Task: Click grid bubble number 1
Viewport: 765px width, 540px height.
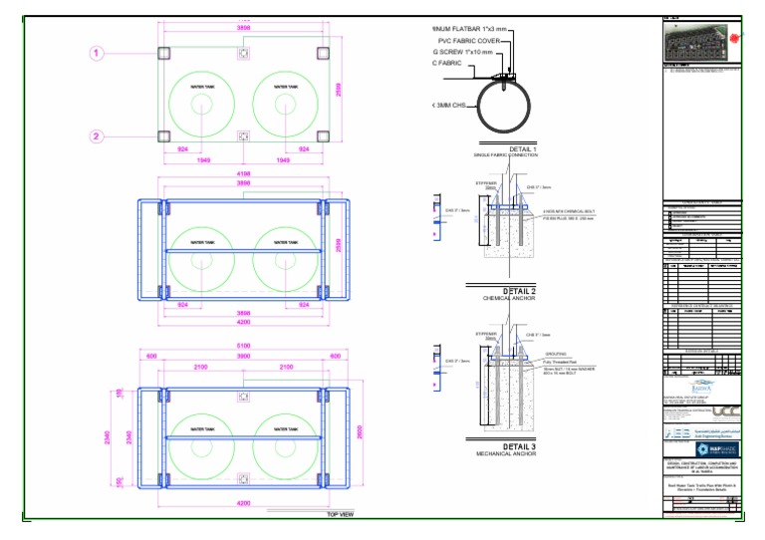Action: (98, 53)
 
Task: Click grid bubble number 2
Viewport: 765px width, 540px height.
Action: (98, 136)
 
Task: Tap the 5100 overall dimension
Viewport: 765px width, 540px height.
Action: (243, 346)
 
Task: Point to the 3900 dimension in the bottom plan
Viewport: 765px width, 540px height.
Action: (243, 357)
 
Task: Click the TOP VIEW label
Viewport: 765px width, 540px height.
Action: (340, 514)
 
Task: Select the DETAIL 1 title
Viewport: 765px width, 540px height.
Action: (522, 149)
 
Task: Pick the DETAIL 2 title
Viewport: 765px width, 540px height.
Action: (519, 291)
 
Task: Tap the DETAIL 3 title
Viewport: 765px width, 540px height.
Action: (519, 445)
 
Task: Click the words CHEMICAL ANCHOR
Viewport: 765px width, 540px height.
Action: (509, 299)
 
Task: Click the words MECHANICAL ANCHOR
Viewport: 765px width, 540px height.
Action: (509, 453)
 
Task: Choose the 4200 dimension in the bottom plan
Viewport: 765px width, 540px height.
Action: (243, 504)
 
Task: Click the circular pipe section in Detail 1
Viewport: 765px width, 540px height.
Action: (509, 106)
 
